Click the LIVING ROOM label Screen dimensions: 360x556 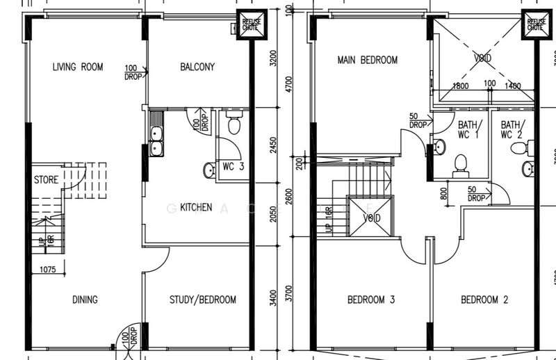coord(78,67)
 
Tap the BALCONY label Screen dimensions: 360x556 coord(197,67)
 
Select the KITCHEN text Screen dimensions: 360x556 coord(196,207)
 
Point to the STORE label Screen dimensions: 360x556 coord(46,180)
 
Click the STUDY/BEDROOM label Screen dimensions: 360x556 coord(203,300)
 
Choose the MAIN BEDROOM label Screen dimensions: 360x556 coord(368,60)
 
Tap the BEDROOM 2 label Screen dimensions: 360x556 coord(484,300)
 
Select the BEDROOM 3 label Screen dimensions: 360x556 coord(371,300)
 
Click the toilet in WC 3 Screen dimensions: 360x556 coord(234,125)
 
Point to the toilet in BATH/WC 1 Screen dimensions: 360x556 coord(459,163)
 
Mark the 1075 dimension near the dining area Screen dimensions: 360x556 coord(48,269)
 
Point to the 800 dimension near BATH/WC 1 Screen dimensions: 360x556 coord(443,193)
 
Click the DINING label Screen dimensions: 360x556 coord(85,300)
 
